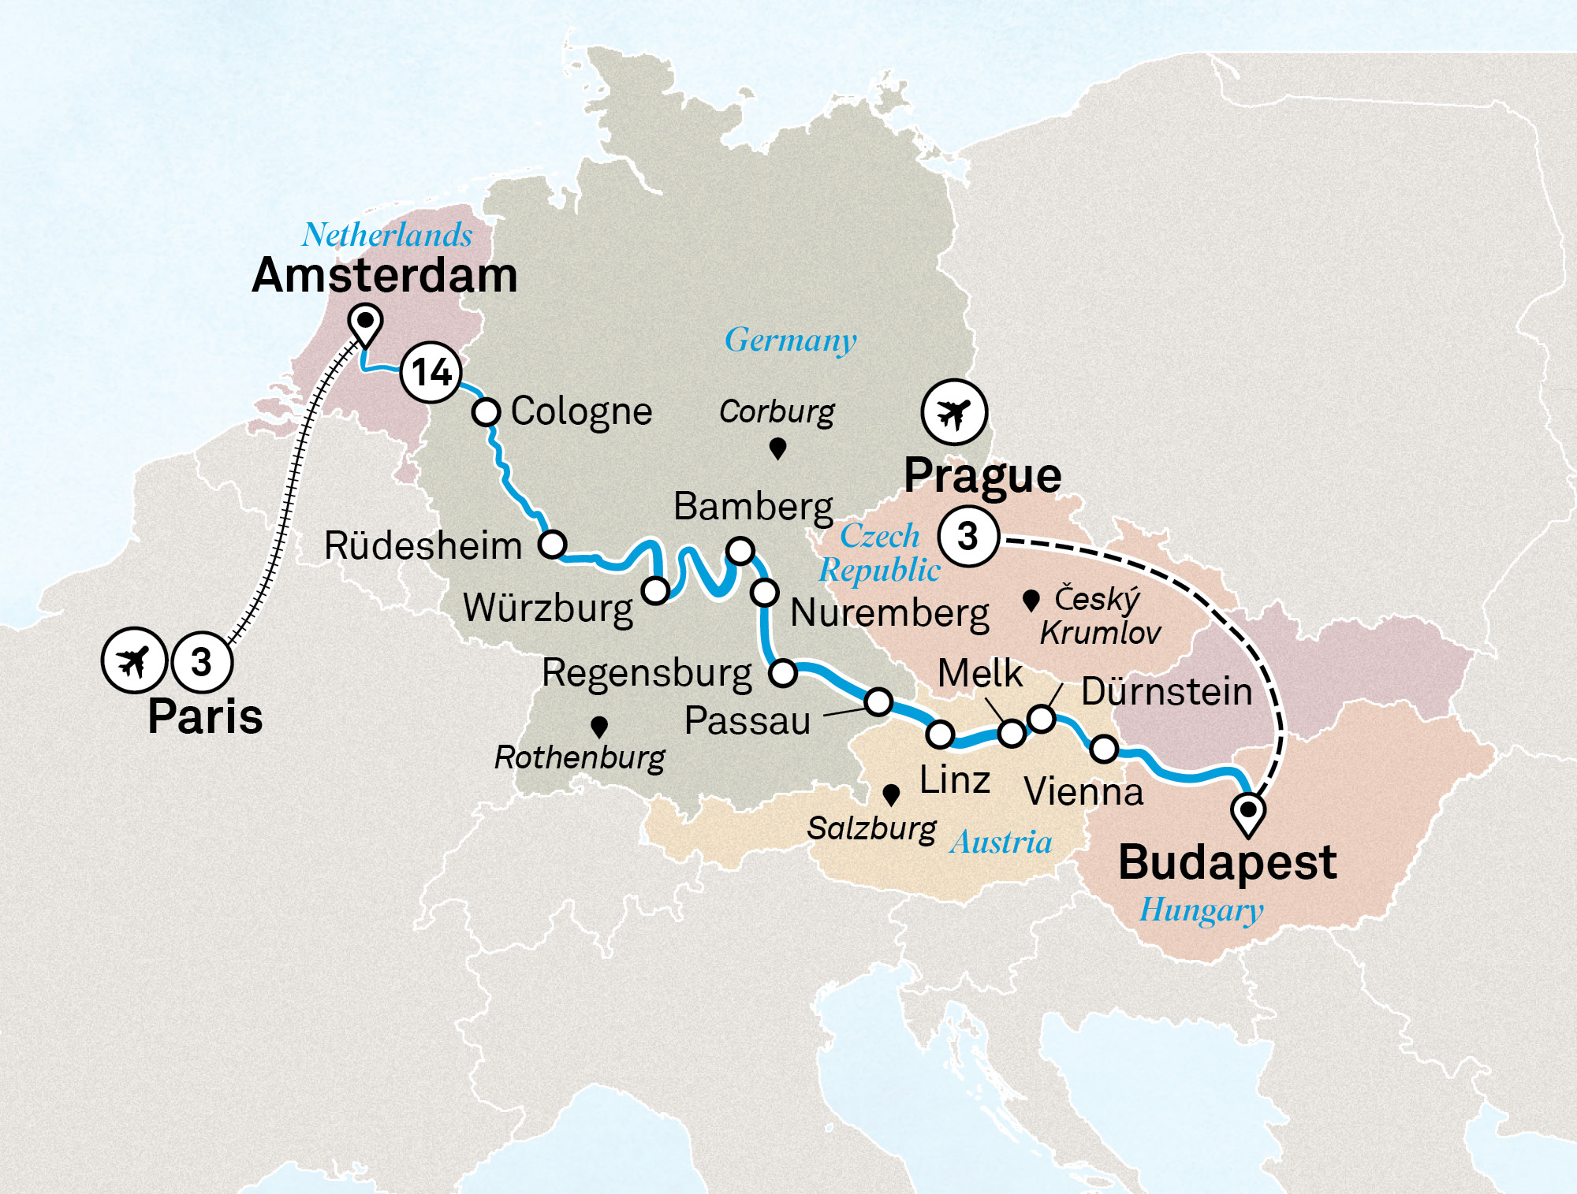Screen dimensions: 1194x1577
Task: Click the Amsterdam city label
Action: tap(384, 276)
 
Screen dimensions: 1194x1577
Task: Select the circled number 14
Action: tap(431, 373)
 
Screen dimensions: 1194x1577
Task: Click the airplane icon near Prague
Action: tap(954, 412)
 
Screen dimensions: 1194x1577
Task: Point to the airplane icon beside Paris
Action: tap(134, 660)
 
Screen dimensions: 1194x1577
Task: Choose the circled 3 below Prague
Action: tap(968, 537)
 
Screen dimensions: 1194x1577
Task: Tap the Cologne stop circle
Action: tap(487, 411)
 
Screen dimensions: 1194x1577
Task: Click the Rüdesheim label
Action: tap(423, 546)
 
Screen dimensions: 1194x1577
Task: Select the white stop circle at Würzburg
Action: tap(655, 590)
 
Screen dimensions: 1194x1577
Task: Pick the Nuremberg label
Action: tap(889, 613)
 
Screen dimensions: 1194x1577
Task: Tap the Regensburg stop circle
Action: tap(783, 673)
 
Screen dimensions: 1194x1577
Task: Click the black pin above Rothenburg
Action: tap(599, 726)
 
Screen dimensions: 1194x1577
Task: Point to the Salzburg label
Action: tap(871, 828)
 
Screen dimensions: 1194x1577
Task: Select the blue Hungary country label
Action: tap(1201, 910)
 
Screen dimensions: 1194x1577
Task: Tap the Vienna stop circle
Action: tap(1104, 749)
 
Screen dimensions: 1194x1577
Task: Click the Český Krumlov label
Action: tap(1099, 616)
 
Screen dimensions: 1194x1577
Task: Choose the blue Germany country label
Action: tap(790, 340)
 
